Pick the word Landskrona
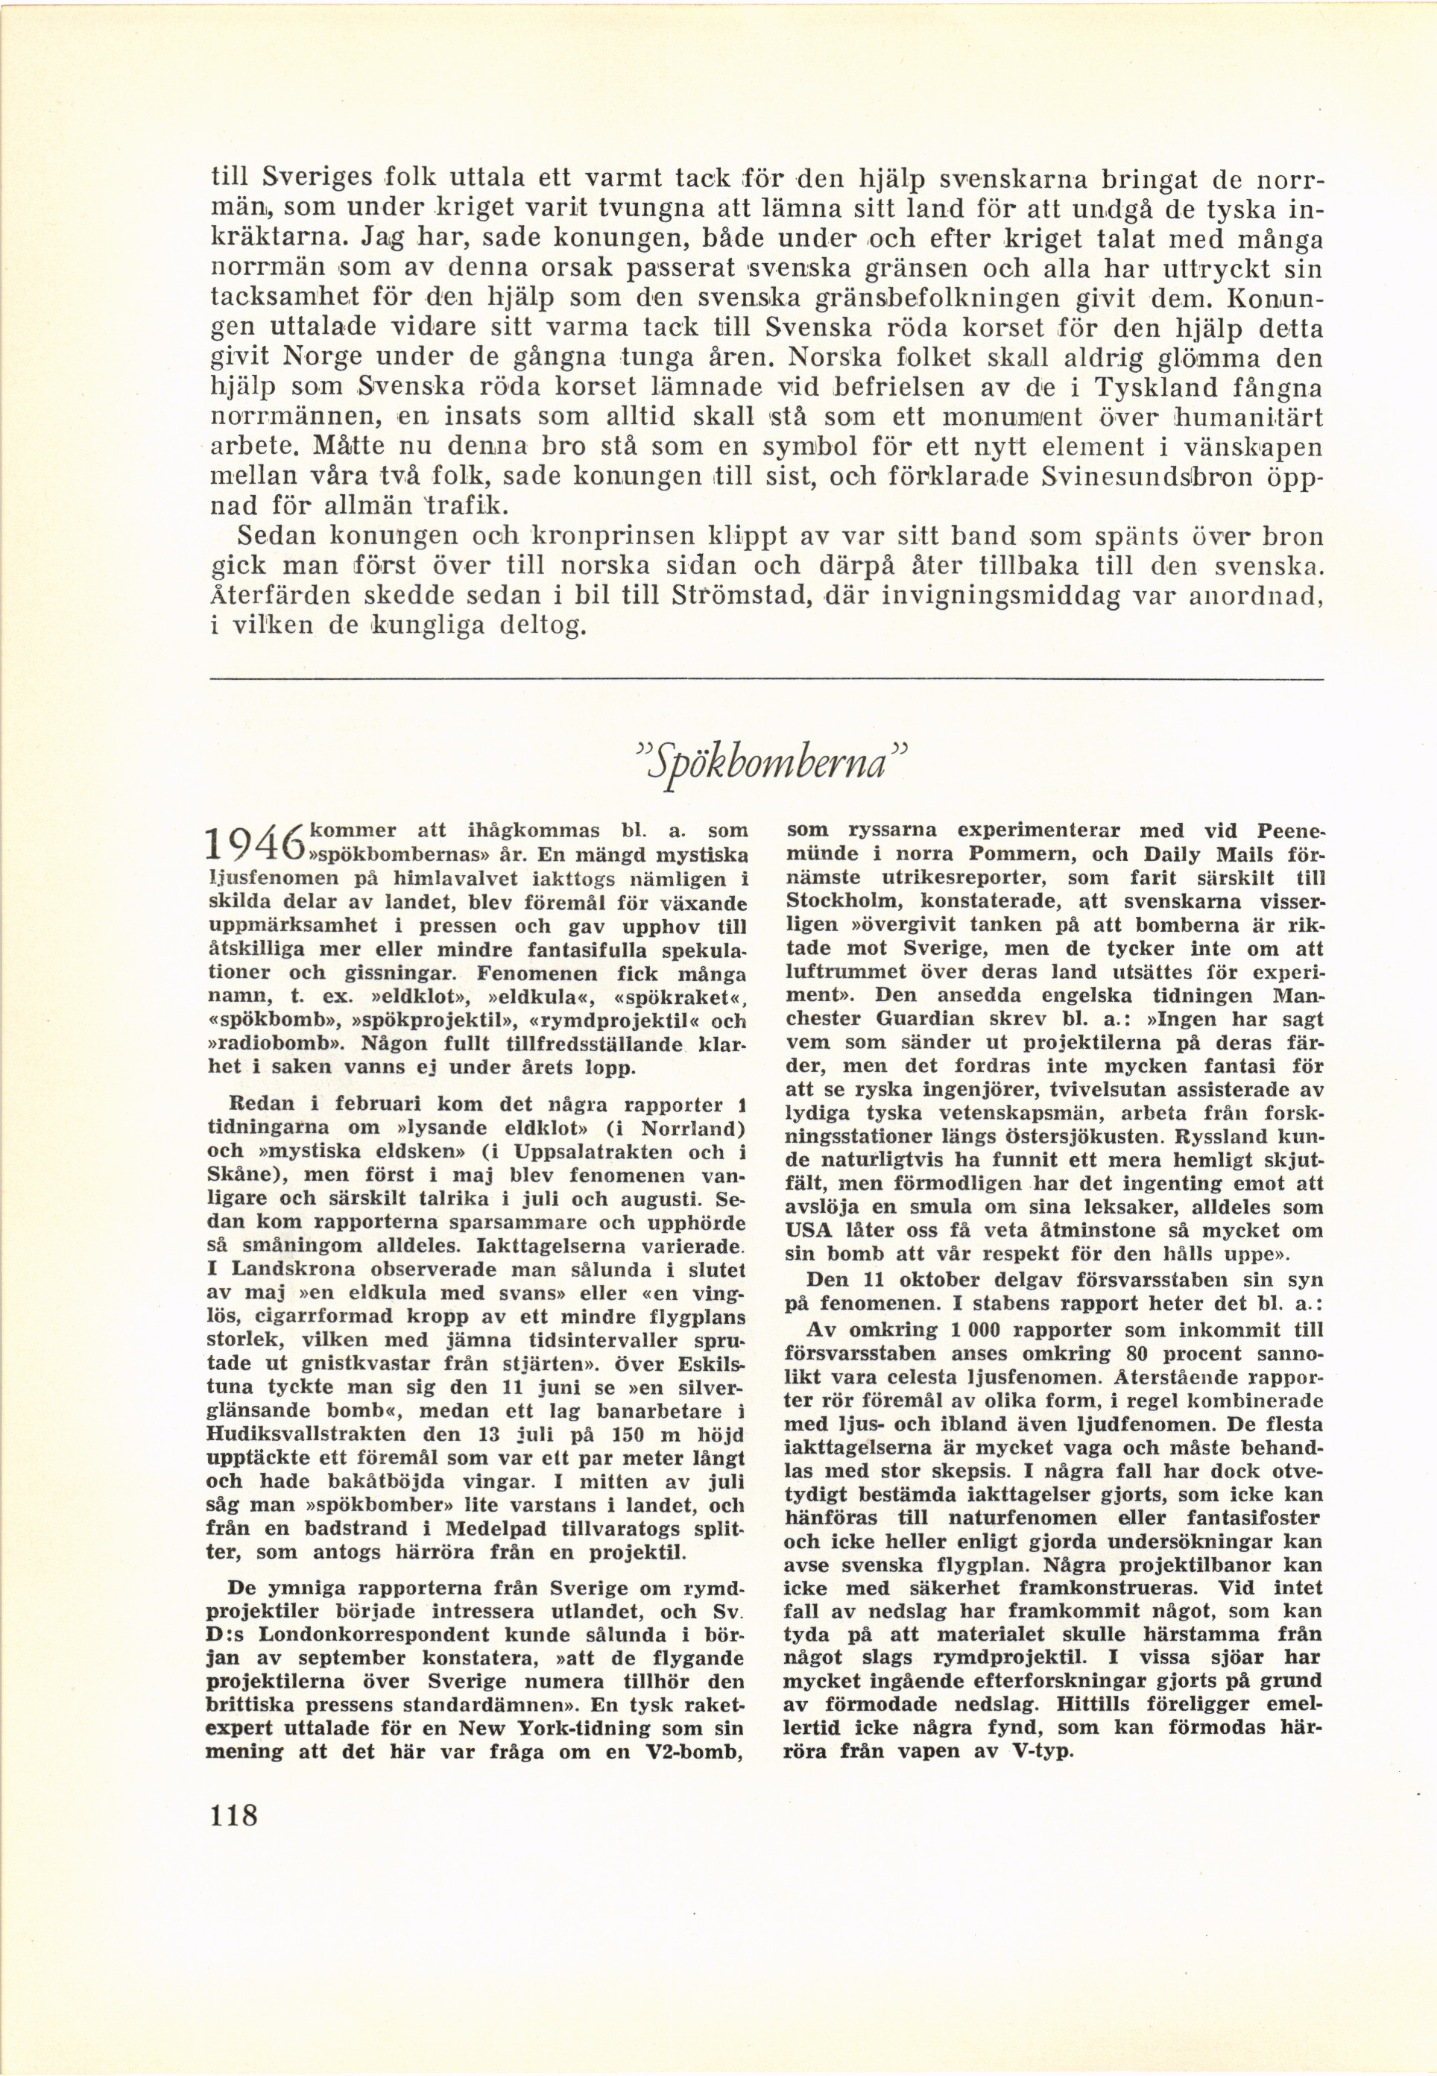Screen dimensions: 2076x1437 coord(285,1269)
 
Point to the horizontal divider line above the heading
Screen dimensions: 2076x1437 coord(765,680)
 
